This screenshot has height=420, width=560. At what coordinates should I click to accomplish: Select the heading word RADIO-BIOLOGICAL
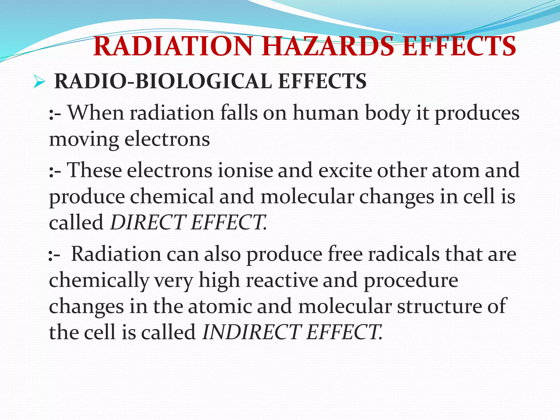[163, 81]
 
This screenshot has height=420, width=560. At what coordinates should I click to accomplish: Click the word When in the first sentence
[96, 113]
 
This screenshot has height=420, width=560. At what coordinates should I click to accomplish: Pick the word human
[326, 113]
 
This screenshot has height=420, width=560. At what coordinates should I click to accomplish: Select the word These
[94, 170]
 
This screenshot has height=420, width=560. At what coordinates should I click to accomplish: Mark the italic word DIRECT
[148, 222]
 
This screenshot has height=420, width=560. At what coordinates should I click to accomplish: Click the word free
[345, 254]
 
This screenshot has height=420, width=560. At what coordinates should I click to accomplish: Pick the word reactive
[282, 280]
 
